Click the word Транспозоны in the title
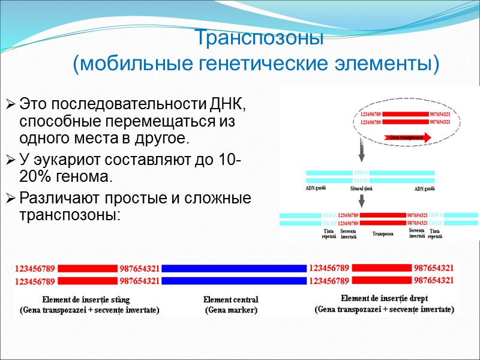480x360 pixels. (259, 39)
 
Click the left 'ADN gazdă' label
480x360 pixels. (319, 189)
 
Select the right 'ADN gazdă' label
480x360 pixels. (424, 189)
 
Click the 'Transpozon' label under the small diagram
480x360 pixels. (382, 234)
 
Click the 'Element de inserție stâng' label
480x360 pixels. (86, 299)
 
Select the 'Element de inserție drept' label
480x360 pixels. (385, 298)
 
